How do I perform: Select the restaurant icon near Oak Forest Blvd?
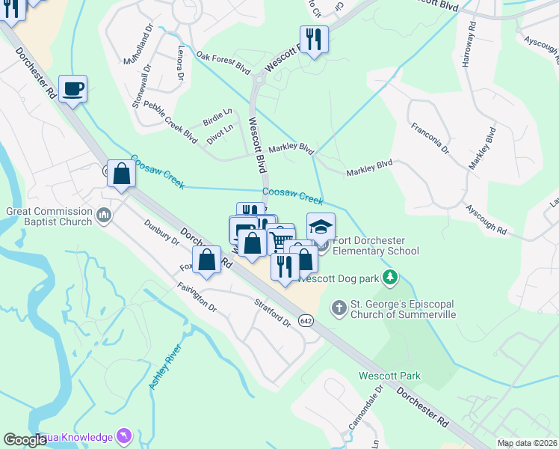pyautogui.click(x=313, y=40)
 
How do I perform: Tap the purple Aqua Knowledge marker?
pyautogui.click(x=123, y=436)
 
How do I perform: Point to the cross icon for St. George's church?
pyautogui.click(x=339, y=308)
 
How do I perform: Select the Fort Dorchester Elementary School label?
pyautogui.click(x=376, y=246)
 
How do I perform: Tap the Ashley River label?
pyautogui.click(x=165, y=367)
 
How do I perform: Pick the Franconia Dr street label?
pyautogui.click(x=430, y=138)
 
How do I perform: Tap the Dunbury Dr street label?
pyautogui.click(x=162, y=232)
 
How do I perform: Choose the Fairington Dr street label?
pyautogui.click(x=197, y=297)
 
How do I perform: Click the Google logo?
pyautogui.click(x=25, y=440)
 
